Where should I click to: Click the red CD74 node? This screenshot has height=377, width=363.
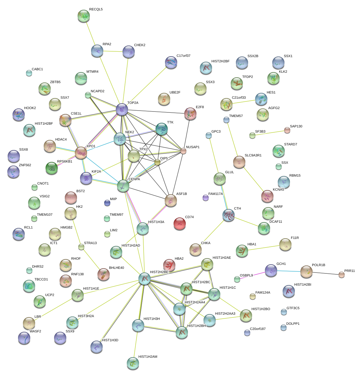click(179, 224)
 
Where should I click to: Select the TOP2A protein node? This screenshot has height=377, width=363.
click(122, 109)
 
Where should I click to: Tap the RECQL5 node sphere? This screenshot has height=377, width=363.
click(83, 16)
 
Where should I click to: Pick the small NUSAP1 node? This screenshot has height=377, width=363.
click(183, 151)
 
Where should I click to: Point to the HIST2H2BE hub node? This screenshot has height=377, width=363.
click(145, 279)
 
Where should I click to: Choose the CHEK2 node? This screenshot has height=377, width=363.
click(128, 52)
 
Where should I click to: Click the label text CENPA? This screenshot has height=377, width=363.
click(134, 179)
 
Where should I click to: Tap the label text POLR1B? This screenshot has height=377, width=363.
click(318, 265)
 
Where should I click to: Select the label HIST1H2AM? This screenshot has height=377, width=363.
click(148, 357)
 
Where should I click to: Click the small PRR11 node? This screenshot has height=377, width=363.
click(341, 275)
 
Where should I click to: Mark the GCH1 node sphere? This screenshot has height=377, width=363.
click(271, 270)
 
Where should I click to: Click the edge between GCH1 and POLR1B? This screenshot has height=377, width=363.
click(288, 271)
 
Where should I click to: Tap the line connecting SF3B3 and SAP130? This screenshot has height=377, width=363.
click(269, 133)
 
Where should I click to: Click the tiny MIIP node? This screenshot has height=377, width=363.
click(107, 203)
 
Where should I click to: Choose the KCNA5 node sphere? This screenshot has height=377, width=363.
click(267, 196)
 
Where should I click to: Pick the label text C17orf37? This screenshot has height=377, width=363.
click(183, 56)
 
